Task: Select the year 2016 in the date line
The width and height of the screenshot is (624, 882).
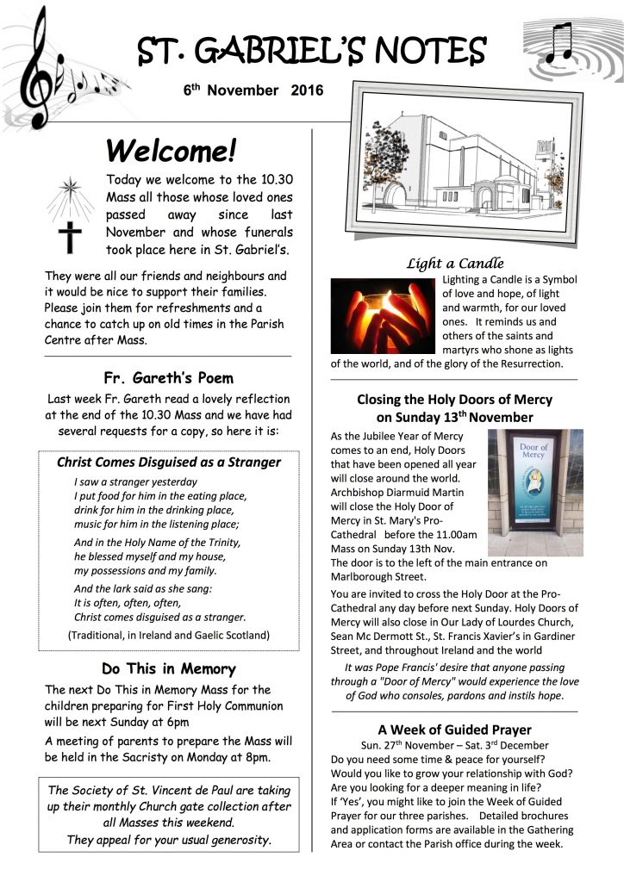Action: [308, 90]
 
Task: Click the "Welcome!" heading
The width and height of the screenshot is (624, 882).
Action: [170, 152]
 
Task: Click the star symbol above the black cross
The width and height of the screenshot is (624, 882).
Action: [69, 187]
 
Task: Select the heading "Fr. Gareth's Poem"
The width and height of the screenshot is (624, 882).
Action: [168, 377]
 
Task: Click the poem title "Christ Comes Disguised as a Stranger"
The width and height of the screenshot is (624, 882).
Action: [168, 462]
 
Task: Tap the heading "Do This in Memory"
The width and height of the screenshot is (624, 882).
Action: [168, 668]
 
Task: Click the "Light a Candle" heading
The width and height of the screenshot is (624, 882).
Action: [455, 264]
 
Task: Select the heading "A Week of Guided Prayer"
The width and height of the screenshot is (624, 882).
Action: [454, 730]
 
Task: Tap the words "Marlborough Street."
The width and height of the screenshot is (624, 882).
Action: [378, 577]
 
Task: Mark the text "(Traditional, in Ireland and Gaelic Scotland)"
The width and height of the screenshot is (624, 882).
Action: [168, 635]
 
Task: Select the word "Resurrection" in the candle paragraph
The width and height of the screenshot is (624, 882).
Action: [530, 363]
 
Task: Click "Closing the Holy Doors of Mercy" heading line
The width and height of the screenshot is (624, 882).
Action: [454, 400]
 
